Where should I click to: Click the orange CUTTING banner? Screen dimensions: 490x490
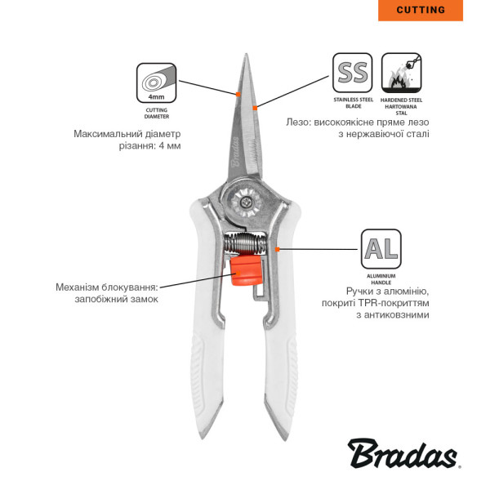tap(421, 11)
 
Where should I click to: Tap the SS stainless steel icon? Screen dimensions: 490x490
tap(353, 73)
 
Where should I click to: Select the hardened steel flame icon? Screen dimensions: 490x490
tap(402, 73)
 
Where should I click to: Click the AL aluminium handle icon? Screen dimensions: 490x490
tap(381, 249)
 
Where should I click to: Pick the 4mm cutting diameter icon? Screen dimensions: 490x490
tap(157, 82)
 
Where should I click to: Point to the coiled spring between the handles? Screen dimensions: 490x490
tap(246, 243)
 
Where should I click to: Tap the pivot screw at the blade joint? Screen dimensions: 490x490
tap(246, 203)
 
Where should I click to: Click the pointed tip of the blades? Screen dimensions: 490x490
tap(247, 55)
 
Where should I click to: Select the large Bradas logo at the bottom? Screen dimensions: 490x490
tap(403, 454)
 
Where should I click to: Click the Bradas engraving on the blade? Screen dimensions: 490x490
tap(236, 152)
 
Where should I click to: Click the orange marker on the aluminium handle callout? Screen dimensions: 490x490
tap(277, 249)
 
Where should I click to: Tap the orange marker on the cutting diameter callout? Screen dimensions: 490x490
tap(238, 94)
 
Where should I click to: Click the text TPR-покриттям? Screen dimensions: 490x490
tap(394, 303)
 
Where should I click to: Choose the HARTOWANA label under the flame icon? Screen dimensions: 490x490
tap(401, 106)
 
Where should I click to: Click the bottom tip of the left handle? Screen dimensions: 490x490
tap(203, 438)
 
